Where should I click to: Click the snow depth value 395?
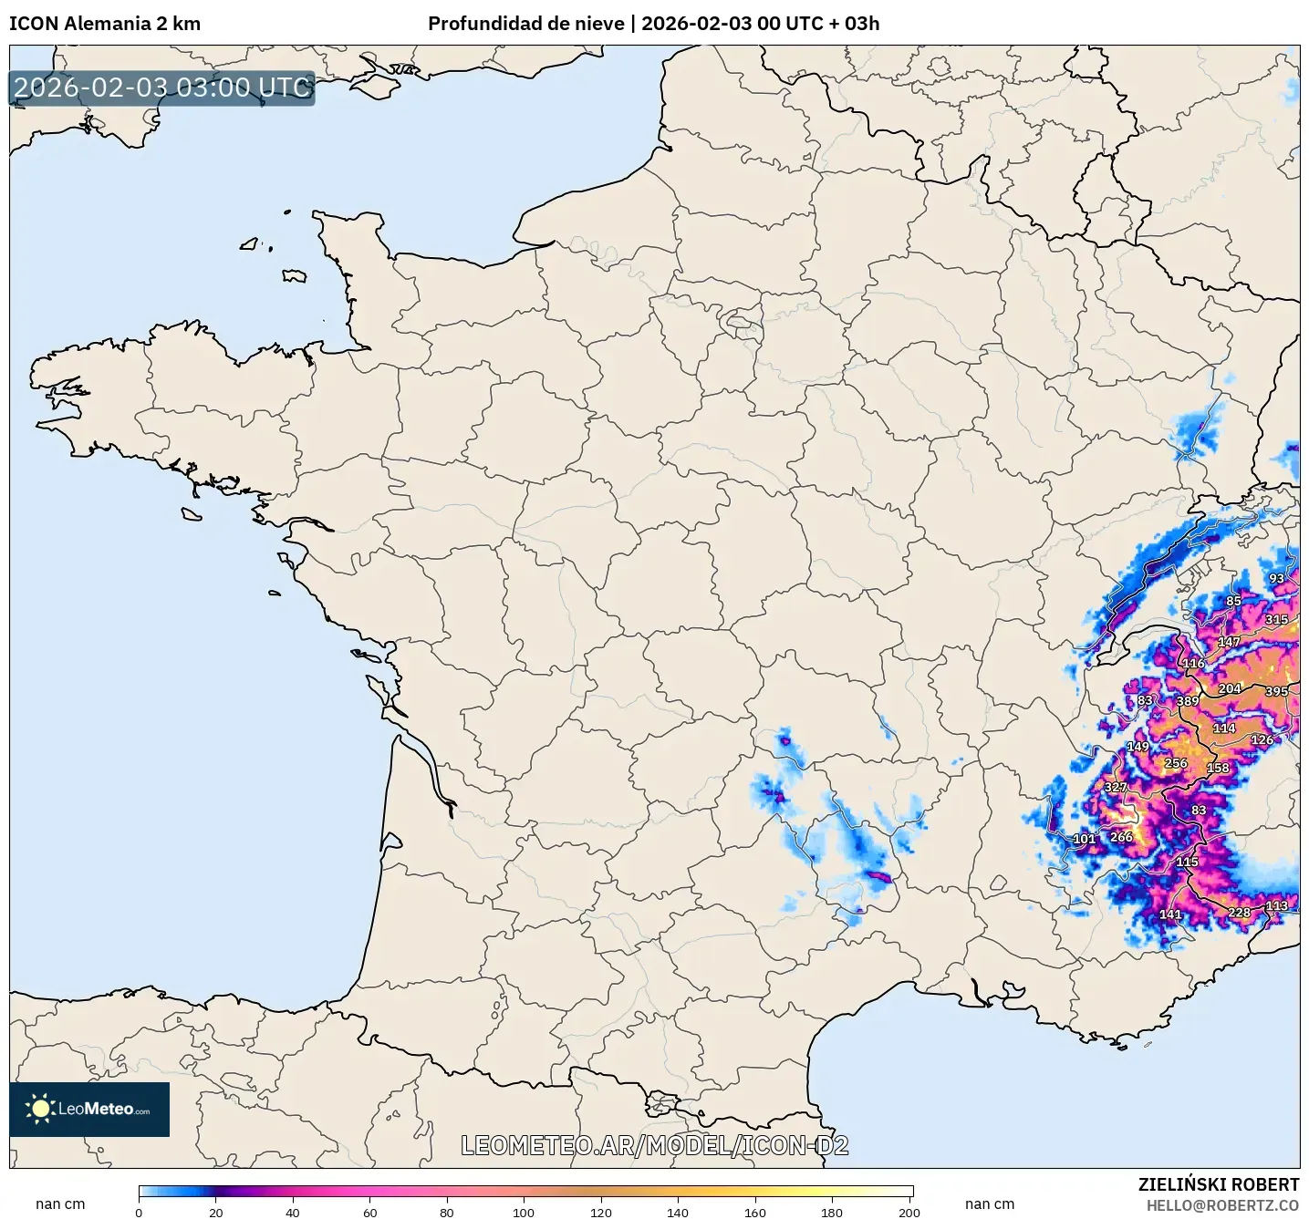click(x=1276, y=691)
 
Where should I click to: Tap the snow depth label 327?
click(x=1116, y=787)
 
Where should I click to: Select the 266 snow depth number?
click(x=1121, y=836)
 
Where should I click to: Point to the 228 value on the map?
click(x=1239, y=912)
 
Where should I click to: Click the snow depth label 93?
click(x=1276, y=578)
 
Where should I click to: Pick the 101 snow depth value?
click(x=1084, y=839)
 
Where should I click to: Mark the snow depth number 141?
click(x=1170, y=914)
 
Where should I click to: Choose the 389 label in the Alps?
click(x=1188, y=701)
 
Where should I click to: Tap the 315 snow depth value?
click(x=1276, y=619)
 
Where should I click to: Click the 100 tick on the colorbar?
click(x=524, y=1212)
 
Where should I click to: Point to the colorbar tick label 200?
click(x=909, y=1212)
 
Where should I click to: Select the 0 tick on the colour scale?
click(x=139, y=1212)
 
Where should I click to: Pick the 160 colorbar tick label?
click(x=754, y=1212)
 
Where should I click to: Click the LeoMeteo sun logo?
click(x=40, y=1109)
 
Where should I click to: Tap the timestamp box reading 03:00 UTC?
click(x=162, y=88)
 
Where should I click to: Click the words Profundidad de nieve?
click(x=526, y=24)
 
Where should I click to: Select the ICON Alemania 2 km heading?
click(x=105, y=24)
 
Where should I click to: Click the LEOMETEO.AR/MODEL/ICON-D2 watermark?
click(x=654, y=1145)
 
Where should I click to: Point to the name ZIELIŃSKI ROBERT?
click(x=1218, y=1184)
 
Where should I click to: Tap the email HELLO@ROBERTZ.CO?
click(x=1221, y=1205)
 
